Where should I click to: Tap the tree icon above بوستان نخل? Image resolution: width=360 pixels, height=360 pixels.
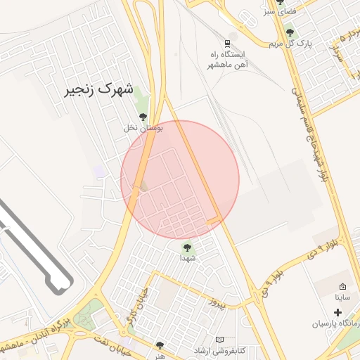point(143,117)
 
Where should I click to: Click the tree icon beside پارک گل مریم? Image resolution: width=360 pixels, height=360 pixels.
point(290,32)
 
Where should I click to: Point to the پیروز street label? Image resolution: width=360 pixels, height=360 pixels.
point(219,303)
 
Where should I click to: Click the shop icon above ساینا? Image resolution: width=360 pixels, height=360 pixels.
point(342,286)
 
